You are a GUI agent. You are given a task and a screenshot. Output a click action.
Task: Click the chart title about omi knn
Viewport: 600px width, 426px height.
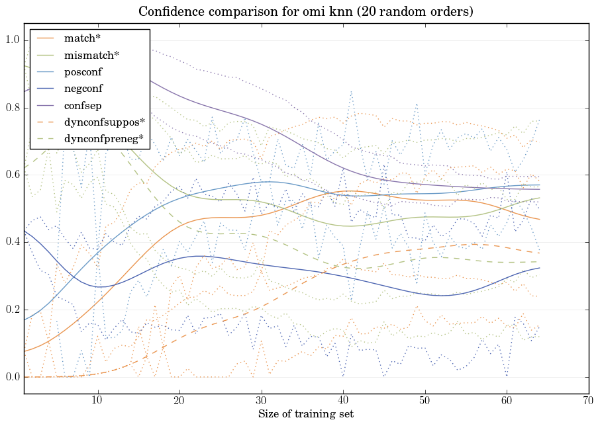click(x=305, y=12)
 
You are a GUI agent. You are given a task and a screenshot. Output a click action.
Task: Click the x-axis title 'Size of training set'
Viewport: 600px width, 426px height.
click(x=305, y=415)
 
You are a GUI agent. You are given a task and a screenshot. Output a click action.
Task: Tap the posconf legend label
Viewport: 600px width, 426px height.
click(x=83, y=71)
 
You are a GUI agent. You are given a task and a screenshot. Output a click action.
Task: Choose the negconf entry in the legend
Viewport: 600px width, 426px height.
click(x=83, y=88)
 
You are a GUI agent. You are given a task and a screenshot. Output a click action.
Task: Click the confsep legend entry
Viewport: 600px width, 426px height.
click(x=83, y=105)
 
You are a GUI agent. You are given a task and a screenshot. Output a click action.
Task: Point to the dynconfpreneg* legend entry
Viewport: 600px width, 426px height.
click(x=103, y=138)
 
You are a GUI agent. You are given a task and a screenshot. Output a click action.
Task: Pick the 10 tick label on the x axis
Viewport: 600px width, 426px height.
click(x=97, y=400)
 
